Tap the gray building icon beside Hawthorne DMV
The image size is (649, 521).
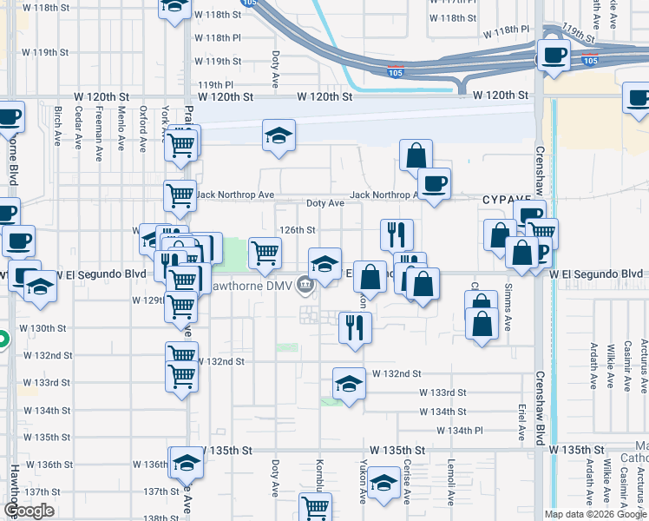(305, 284)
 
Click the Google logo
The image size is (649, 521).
(29, 511)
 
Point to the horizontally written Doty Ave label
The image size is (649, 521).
(325, 203)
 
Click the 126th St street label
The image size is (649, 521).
(296, 230)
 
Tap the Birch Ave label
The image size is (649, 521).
(57, 128)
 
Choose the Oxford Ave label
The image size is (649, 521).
(141, 128)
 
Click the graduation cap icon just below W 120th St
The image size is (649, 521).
(279, 135)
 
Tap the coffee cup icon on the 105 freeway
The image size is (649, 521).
(553, 55)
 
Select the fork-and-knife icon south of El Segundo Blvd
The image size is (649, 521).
(355, 327)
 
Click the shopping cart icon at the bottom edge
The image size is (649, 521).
(315, 507)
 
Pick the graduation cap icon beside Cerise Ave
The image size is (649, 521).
(383, 484)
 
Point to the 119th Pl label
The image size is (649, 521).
(216, 85)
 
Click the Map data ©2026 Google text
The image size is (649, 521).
(594, 514)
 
